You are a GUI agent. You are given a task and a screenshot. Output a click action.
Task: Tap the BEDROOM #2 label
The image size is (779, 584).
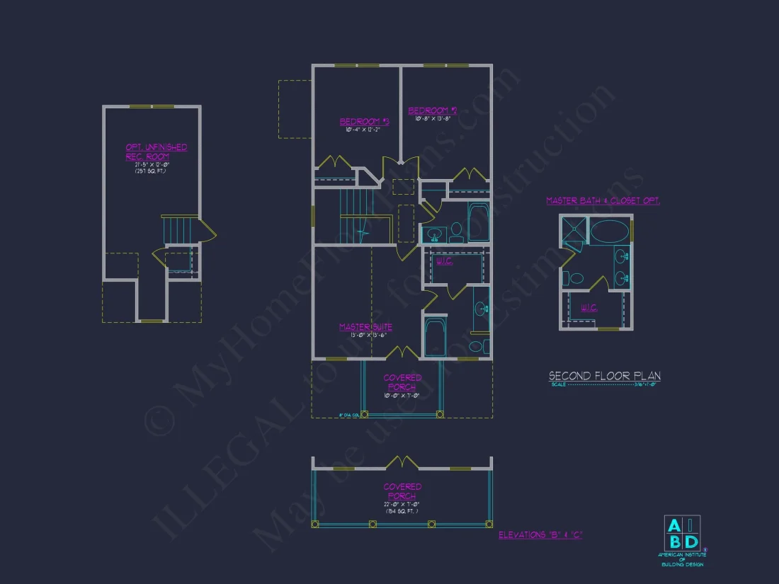pyautogui.click(x=433, y=110)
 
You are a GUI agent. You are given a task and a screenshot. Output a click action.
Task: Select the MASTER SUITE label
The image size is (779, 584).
pyautogui.click(x=365, y=327)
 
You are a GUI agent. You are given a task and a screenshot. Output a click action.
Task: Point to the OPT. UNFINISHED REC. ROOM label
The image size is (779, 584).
pyautogui.click(x=157, y=151)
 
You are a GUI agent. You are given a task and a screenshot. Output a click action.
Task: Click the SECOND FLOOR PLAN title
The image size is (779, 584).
pyautogui.click(x=605, y=376)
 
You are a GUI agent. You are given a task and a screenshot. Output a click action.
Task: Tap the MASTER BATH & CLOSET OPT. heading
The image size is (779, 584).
pyautogui.click(x=603, y=201)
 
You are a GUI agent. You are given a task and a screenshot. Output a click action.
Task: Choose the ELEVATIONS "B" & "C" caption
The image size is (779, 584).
pyautogui.click(x=540, y=534)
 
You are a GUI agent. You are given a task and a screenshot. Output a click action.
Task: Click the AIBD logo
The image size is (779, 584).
pyautogui.click(x=681, y=534)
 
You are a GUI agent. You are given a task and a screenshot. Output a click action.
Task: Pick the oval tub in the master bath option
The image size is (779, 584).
pyautogui.click(x=609, y=232)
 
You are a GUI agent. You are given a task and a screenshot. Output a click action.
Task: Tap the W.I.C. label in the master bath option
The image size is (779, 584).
pyautogui.click(x=589, y=307)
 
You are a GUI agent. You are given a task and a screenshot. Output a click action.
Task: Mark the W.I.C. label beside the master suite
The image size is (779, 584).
pyautogui.click(x=444, y=261)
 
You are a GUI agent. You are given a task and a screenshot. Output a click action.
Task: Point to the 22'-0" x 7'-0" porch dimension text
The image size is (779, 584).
pyautogui.click(x=402, y=504)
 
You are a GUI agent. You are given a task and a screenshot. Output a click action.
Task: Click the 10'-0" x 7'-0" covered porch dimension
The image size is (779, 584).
pyautogui.click(x=402, y=395)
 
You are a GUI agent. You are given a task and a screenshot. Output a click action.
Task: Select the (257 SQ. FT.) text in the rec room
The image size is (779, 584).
pyautogui.click(x=151, y=172)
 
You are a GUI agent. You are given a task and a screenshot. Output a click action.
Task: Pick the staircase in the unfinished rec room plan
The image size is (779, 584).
pyautogui.click(x=180, y=231)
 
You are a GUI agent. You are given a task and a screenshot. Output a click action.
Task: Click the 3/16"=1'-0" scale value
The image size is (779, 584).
pyautogui.click(x=647, y=384)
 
